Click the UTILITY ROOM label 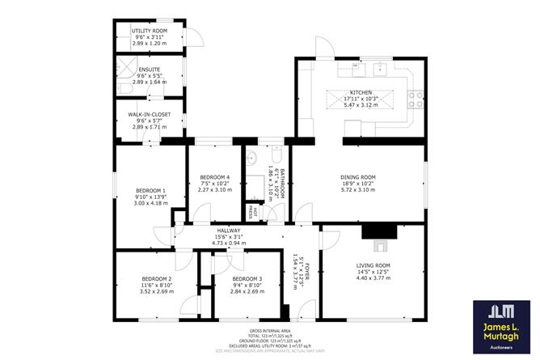pyautogui.click(x=149, y=31)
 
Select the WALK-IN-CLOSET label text pyautogui.click(x=149, y=115)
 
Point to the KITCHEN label pyautogui.click(x=359, y=93)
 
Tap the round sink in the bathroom pyautogui.click(x=251, y=159)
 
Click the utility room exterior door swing pyautogui.click(x=193, y=38)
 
